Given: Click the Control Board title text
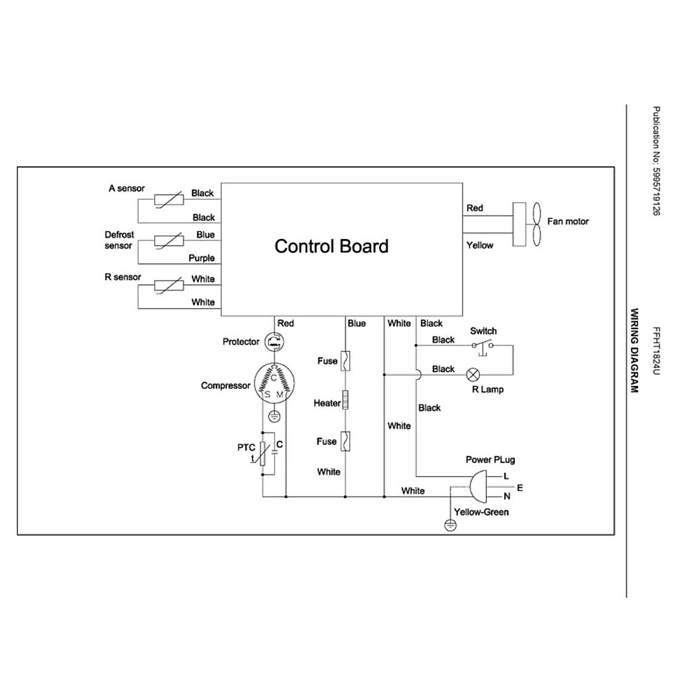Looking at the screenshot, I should click(x=331, y=246).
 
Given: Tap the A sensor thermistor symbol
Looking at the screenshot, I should click(x=169, y=199).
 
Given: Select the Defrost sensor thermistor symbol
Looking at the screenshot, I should click(x=169, y=241).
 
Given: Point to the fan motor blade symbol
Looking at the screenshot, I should click(x=536, y=224).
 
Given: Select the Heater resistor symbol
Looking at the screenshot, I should click(x=345, y=400).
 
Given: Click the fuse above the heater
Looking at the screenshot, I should click(x=345, y=361).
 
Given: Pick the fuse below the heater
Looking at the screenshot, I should click(x=345, y=441).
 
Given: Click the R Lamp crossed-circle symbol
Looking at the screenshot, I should click(x=473, y=375).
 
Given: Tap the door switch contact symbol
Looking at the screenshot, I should click(x=482, y=346).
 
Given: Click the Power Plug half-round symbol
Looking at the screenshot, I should click(x=477, y=487).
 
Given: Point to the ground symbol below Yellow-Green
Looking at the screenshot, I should click(x=450, y=526).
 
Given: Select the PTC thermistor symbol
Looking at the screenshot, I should click(x=263, y=454).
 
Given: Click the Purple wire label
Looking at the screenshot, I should click(x=201, y=258).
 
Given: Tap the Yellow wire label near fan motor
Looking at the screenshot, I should click(x=480, y=245).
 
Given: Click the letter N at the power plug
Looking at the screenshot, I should click(x=507, y=497).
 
